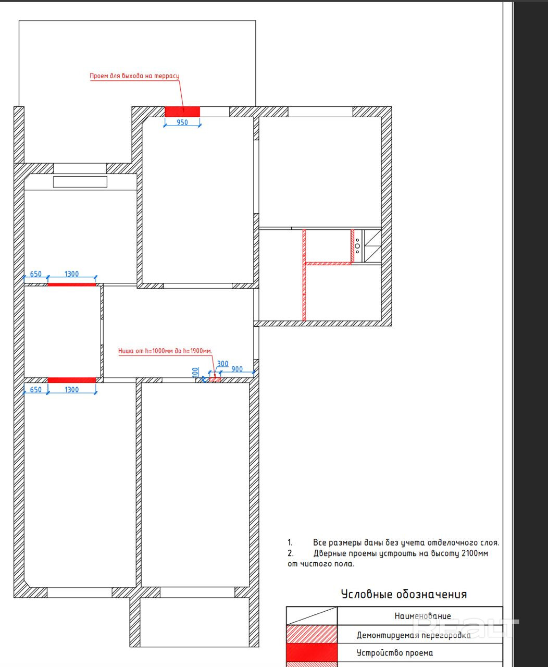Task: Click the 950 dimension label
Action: coord(182,122)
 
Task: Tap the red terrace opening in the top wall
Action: coord(182,112)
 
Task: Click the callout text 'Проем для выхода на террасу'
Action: coord(134,76)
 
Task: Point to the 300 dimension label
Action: coord(222,364)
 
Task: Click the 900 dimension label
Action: coord(237,369)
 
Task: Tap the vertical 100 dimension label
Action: coord(195,372)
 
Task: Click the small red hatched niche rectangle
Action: coord(215,379)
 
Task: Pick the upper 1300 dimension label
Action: coord(71,274)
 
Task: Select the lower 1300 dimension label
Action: coord(71,390)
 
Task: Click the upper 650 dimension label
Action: coord(35,274)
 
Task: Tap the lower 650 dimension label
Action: coord(35,390)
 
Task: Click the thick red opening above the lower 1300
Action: coord(71,380)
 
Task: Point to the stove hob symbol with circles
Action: coord(358,246)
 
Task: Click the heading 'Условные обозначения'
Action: coord(404,595)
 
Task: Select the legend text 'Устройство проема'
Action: coord(395,653)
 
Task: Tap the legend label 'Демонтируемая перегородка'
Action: coord(414,635)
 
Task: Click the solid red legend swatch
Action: coord(312,652)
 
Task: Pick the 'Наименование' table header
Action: coord(422,616)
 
